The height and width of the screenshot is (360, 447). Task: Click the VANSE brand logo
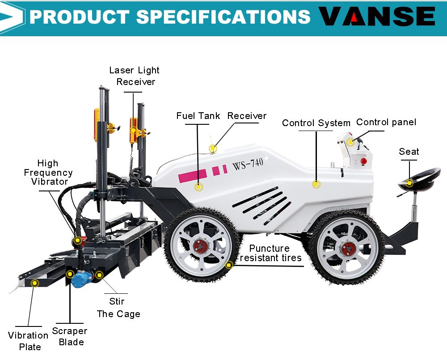(376, 17)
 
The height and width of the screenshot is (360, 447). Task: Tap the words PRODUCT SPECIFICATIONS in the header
(170, 17)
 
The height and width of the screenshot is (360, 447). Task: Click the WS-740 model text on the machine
(248, 165)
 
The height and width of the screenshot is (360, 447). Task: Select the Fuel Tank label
(198, 116)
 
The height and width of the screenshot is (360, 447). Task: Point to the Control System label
(316, 123)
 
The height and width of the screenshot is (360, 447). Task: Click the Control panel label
(386, 122)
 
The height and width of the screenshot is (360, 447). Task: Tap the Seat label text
(409, 152)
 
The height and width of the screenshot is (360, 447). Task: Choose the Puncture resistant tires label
(270, 253)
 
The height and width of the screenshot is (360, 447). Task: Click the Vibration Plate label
(28, 341)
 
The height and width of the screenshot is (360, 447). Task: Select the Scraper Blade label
(70, 336)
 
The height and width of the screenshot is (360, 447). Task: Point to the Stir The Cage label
(118, 308)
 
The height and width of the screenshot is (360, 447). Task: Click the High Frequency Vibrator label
(49, 172)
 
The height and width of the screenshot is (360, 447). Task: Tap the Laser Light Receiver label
(134, 76)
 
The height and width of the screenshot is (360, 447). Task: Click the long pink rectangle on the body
(193, 175)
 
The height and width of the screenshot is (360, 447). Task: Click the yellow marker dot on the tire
(229, 265)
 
